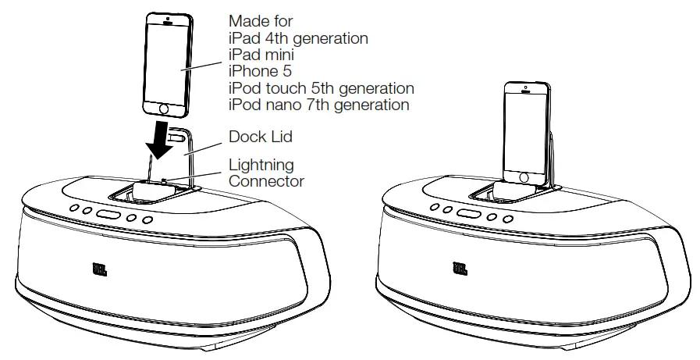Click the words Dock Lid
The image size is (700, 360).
261,137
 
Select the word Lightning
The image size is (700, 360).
261,165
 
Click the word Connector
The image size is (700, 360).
266,181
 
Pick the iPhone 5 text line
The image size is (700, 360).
259,71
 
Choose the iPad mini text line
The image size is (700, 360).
262,54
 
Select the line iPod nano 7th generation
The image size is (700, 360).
318,105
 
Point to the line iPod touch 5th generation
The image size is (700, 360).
321,87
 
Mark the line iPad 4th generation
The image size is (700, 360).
298,37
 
